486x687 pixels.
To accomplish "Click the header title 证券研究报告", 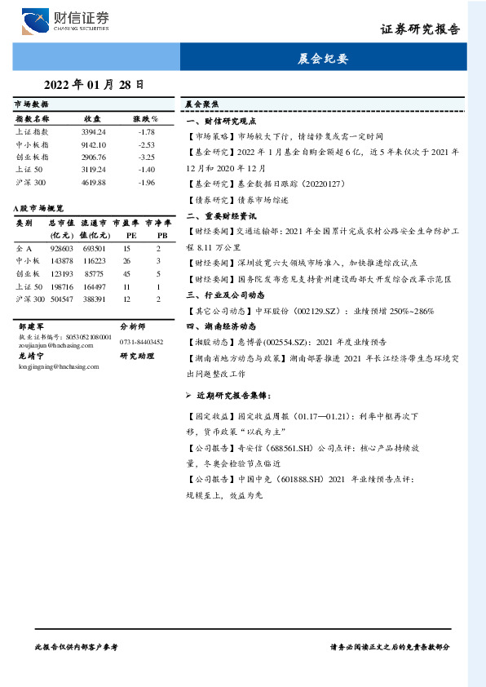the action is point(420,29).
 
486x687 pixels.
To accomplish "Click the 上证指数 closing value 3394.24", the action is point(94,131).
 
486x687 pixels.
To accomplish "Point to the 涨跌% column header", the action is point(146,119).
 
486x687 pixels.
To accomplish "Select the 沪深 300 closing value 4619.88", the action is point(94,182).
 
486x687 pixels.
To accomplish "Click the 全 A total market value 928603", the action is point(61,247).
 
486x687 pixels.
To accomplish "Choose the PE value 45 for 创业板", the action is point(126,273).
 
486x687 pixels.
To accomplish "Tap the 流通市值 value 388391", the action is point(94,299).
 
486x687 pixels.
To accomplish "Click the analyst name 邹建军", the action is point(31,324).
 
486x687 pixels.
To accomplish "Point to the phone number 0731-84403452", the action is point(141,342).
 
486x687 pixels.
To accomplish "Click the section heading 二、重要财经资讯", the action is point(221,217).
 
